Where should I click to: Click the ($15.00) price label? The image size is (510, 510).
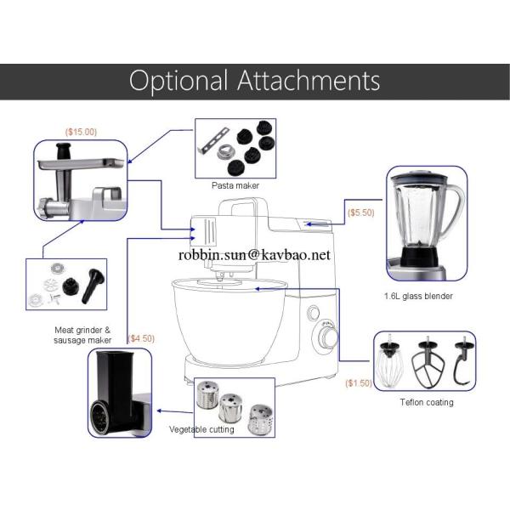[x=81, y=132]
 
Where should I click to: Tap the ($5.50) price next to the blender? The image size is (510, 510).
[x=361, y=212]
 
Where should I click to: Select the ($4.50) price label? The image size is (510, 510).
[x=141, y=338]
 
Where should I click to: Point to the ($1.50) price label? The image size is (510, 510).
[x=359, y=383]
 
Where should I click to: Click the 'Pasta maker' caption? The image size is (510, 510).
[x=235, y=185]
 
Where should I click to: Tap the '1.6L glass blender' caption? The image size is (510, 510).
[x=418, y=297]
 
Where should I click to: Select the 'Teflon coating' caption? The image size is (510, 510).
[x=427, y=402]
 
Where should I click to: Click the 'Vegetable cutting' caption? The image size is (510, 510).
[x=201, y=429]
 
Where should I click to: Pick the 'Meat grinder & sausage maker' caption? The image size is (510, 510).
[x=82, y=335]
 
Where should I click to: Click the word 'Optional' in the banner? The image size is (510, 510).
[x=178, y=82]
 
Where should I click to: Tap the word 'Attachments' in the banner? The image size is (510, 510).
[x=309, y=80]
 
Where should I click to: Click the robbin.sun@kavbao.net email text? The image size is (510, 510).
[x=254, y=255]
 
